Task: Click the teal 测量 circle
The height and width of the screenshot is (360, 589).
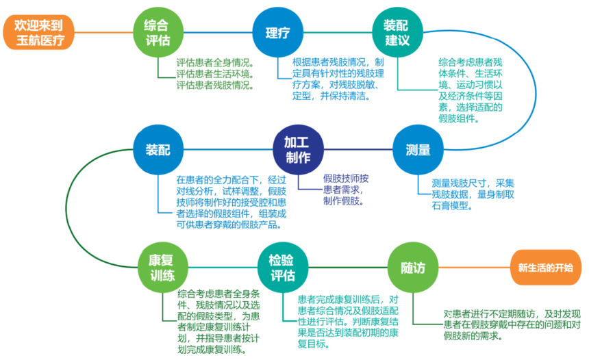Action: tap(418, 150)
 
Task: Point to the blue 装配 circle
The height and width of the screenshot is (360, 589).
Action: tap(158, 150)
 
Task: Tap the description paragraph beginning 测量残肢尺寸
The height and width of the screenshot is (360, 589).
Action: tap(473, 194)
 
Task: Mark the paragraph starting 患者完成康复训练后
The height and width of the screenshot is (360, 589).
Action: tap(347, 319)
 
